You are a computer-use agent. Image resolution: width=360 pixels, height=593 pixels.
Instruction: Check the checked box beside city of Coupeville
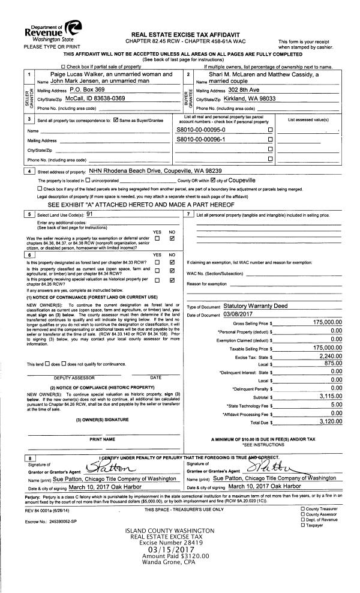[211, 180]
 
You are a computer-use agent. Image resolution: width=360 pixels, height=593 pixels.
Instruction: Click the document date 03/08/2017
[238, 314]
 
